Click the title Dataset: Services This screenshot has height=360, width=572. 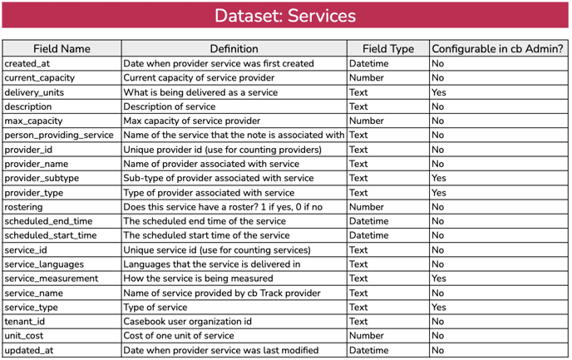tap(285, 16)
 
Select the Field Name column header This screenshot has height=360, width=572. tap(62, 49)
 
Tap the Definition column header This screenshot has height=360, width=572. tap(234, 49)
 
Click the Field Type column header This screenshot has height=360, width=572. tap(387, 49)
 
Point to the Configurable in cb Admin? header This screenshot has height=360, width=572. tap(498, 49)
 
